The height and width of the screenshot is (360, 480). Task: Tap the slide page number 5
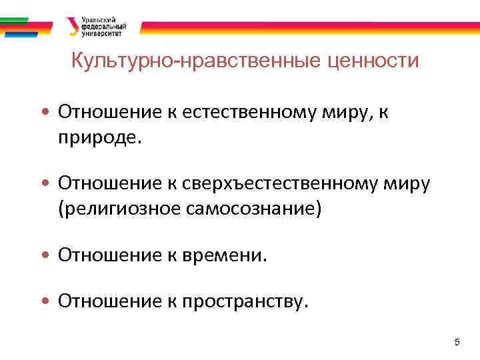[457, 343]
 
